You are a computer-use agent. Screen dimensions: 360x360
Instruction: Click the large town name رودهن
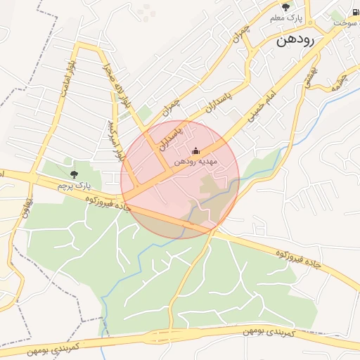(x=289, y=40)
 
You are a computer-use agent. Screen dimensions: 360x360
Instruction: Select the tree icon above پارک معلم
(x=285, y=6)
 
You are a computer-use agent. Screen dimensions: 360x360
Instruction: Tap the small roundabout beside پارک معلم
(x=310, y=29)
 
